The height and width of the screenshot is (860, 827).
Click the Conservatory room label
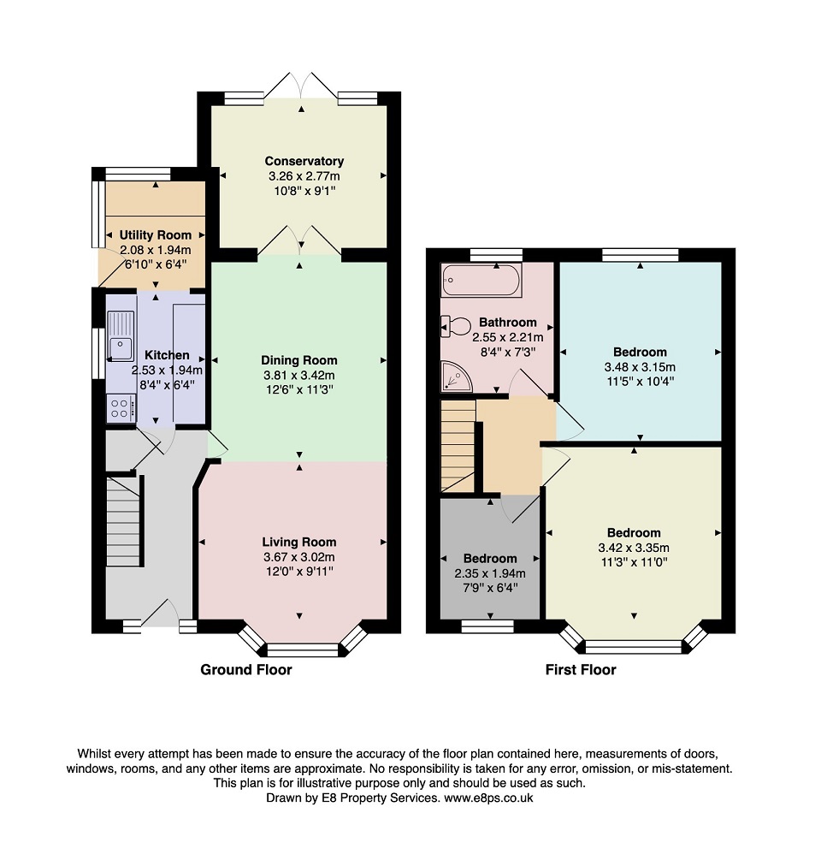304,161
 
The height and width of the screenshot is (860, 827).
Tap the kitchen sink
121,335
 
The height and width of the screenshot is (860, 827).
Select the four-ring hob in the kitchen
121,409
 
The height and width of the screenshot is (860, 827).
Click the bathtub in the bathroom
481,281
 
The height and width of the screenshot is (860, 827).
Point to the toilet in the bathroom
456,326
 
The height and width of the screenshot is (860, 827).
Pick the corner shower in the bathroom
456,377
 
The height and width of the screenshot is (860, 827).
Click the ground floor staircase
124,521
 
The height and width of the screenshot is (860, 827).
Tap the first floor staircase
458,445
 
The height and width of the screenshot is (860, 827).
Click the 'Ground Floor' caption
246,670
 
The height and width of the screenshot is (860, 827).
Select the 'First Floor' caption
581,670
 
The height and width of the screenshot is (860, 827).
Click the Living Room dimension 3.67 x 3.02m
298,557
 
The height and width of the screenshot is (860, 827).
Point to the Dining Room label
299,360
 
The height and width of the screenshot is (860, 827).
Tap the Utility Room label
156,235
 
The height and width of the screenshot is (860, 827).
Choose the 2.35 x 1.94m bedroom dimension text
490,573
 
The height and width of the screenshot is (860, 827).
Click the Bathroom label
508,323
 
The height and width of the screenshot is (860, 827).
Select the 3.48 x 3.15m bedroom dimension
640,367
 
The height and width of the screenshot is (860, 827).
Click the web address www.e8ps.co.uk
488,798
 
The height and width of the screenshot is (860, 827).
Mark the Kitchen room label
167,355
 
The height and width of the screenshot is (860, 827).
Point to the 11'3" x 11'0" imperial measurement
634,562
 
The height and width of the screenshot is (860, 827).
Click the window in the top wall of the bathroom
497,255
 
